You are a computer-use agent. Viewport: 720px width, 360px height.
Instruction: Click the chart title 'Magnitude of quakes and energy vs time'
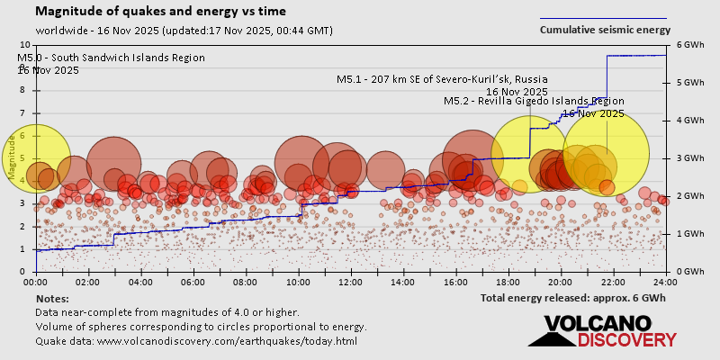click(x=161, y=12)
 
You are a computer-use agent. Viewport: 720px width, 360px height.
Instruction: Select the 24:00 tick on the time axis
click(x=665, y=281)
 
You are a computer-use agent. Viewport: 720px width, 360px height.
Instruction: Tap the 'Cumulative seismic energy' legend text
click(x=605, y=30)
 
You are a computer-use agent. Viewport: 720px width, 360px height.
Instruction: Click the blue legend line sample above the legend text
click(x=603, y=18)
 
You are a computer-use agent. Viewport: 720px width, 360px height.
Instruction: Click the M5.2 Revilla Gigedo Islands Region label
click(x=534, y=102)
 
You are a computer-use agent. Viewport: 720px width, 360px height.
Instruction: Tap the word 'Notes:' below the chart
click(x=52, y=298)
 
